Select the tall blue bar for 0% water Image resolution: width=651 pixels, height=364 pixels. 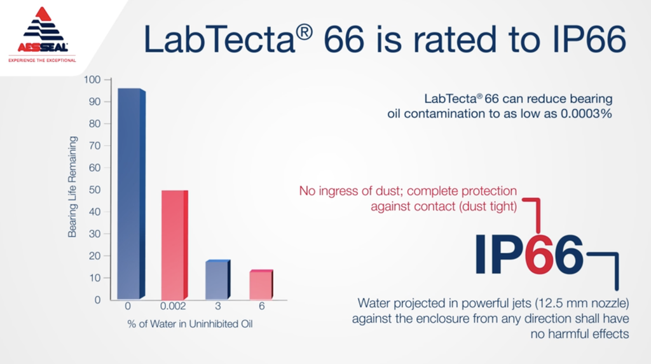[x=131, y=193]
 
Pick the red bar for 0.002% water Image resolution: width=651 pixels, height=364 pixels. [x=174, y=245]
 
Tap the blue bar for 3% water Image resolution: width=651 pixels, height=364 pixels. [x=218, y=279]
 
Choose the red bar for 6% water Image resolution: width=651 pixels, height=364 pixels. [x=261, y=284]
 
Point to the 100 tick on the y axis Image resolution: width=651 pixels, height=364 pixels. [x=92, y=80]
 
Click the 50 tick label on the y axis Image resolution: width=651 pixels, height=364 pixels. [x=95, y=190]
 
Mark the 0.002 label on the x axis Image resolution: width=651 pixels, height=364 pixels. [x=173, y=306]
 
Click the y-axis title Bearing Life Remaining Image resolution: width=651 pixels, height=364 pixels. [x=72, y=187]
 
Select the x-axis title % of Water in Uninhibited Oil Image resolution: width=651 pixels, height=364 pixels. [x=189, y=324]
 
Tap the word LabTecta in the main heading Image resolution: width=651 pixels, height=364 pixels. [x=219, y=39]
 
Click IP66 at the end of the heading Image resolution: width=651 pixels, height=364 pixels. [x=589, y=39]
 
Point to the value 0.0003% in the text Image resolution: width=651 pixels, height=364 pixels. [x=586, y=113]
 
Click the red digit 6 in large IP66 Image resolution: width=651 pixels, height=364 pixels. [x=539, y=255]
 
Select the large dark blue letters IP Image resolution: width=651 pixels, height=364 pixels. [x=500, y=255]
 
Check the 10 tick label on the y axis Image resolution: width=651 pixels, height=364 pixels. [x=95, y=278]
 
